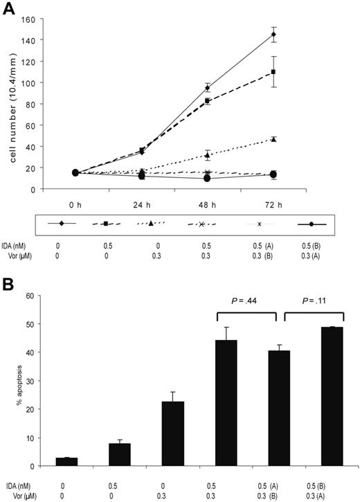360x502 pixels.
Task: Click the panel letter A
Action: [9, 8]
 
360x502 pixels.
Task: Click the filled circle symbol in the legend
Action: [312, 224]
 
